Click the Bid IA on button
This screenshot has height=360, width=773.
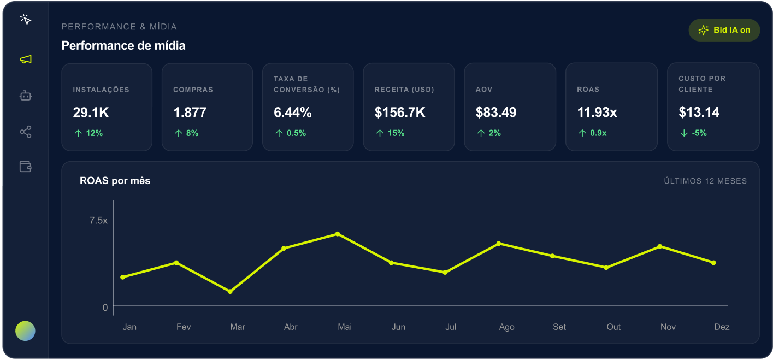pos(724,30)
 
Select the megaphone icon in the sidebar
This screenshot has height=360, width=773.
pos(26,60)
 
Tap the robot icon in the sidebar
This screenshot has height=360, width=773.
pos(26,96)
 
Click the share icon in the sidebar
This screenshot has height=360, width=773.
pos(26,132)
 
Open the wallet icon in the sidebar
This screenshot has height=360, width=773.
pos(26,167)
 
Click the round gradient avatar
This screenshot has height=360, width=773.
pos(25,331)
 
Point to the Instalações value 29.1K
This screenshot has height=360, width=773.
pos(91,113)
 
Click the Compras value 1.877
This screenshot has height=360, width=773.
pos(190,113)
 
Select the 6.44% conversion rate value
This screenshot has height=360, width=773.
pos(293,113)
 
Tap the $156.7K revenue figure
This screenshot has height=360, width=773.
pos(400,113)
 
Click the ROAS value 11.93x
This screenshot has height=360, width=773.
pos(597,113)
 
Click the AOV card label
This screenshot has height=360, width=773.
pos(484,90)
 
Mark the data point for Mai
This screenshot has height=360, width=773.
pos(338,234)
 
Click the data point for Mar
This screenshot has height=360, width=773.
pos(230,292)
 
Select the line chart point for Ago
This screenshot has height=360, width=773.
pos(499,244)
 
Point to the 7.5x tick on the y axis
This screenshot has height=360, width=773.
pos(98,221)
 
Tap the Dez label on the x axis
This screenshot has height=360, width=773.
pos(722,327)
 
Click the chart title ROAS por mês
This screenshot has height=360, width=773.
pos(115,180)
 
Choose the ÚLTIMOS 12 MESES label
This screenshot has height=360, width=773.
pos(705,181)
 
